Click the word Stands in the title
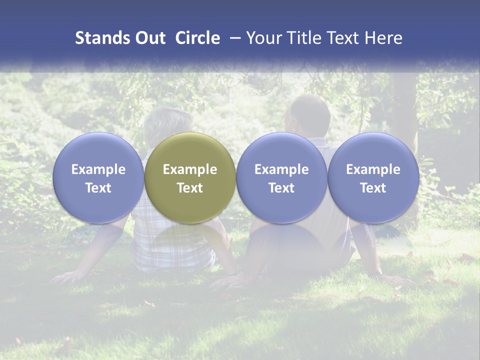click(102, 38)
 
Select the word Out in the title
click(150, 38)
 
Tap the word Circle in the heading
click(197, 38)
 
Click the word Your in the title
click(262, 38)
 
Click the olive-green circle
click(190, 177)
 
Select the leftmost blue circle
click(98, 177)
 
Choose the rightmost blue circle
click(373, 177)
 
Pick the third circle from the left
click(281, 177)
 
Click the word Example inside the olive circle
click(190, 169)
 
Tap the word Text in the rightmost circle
click(373, 188)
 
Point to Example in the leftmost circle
click(98, 169)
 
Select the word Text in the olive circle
click(190, 188)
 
